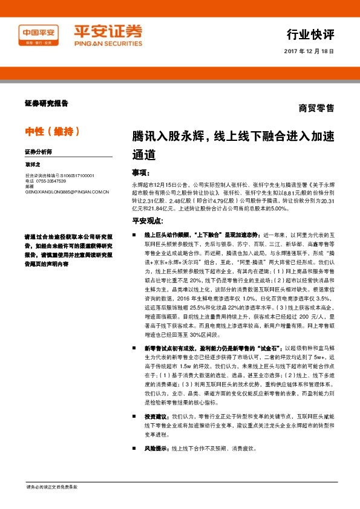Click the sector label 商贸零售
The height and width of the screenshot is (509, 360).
316,109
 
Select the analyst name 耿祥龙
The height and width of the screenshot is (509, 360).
33,164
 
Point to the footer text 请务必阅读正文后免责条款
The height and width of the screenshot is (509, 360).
52,487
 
